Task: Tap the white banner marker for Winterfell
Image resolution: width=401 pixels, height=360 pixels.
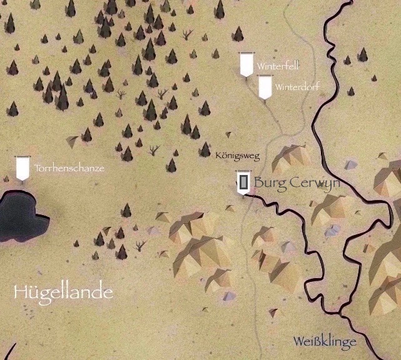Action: (x=246, y=64)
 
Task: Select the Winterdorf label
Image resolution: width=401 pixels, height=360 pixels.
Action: (x=297, y=87)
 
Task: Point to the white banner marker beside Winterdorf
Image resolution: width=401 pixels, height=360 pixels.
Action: (x=265, y=87)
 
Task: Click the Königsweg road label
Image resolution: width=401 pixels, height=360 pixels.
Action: (x=237, y=156)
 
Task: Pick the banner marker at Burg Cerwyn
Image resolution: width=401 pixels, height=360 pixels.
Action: (x=243, y=182)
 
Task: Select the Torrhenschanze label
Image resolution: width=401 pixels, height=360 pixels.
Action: (x=69, y=169)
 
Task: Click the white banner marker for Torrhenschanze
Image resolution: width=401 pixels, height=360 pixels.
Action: (x=23, y=167)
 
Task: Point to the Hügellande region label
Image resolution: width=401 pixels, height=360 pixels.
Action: (x=63, y=292)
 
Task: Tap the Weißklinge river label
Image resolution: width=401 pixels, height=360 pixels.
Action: (x=325, y=342)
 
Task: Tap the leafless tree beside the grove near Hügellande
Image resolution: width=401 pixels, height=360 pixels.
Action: (x=139, y=246)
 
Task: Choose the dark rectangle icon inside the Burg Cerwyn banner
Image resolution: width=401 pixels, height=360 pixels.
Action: (x=243, y=182)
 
